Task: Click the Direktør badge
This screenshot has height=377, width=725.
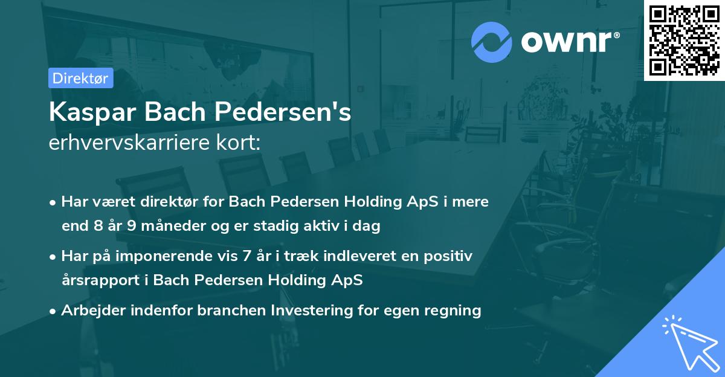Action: (80, 78)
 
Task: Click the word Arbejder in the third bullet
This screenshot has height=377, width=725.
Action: (89, 311)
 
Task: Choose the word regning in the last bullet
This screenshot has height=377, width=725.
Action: (454, 311)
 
